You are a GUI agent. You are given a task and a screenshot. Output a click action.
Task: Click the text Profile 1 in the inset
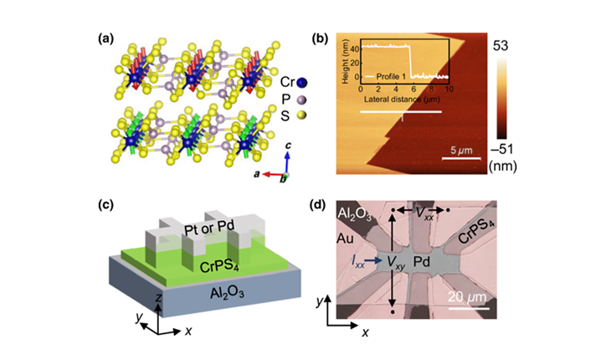(390, 75)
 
